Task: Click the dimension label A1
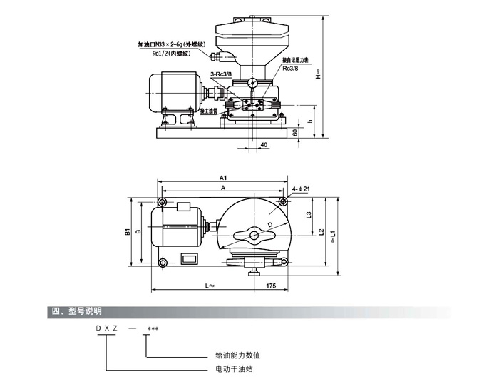pos(222,177)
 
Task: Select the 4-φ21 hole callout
pos(300,189)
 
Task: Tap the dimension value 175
pos(271,286)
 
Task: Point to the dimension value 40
pos(264,145)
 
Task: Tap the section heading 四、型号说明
pos(76,312)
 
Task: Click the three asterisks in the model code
pos(152,329)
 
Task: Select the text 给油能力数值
pos(238,355)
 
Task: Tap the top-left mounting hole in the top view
pos(163,203)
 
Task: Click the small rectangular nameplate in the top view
pos(189,261)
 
